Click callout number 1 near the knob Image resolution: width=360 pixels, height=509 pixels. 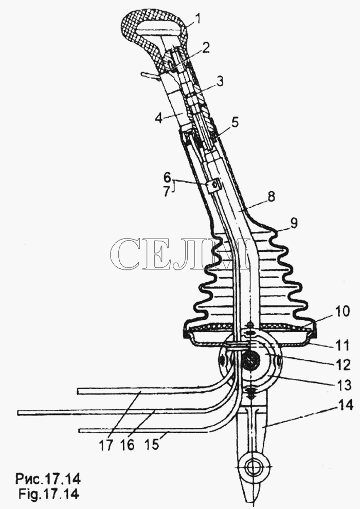point(197,19)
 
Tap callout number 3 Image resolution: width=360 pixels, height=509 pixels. point(220,81)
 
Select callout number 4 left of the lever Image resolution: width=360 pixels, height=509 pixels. point(158,118)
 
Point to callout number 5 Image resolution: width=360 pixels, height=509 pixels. point(235,123)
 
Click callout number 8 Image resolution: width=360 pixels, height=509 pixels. point(272,197)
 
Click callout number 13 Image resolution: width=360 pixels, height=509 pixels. point(343,385)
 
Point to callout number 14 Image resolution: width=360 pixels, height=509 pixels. point(345,406)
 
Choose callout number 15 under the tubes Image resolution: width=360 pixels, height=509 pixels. point(151,444)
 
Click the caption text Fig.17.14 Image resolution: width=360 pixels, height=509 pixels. point(48,495)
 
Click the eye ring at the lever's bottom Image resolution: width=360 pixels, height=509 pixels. point(251,469)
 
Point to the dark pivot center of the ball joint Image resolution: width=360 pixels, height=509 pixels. point(250,360)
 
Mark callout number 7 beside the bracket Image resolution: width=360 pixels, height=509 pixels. point(167,192)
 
